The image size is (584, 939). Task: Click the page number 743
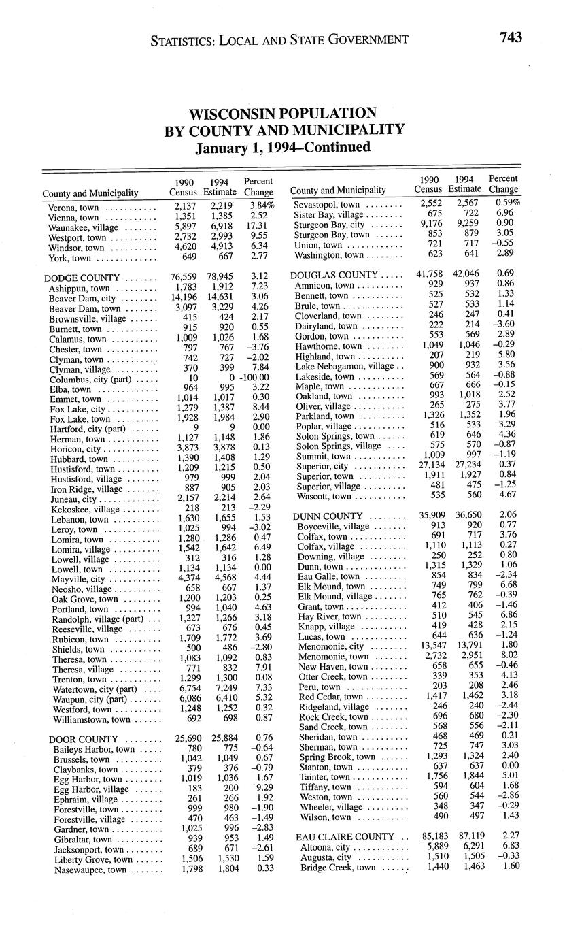pos(511,37)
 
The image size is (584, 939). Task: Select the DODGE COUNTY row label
pos(81,278)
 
